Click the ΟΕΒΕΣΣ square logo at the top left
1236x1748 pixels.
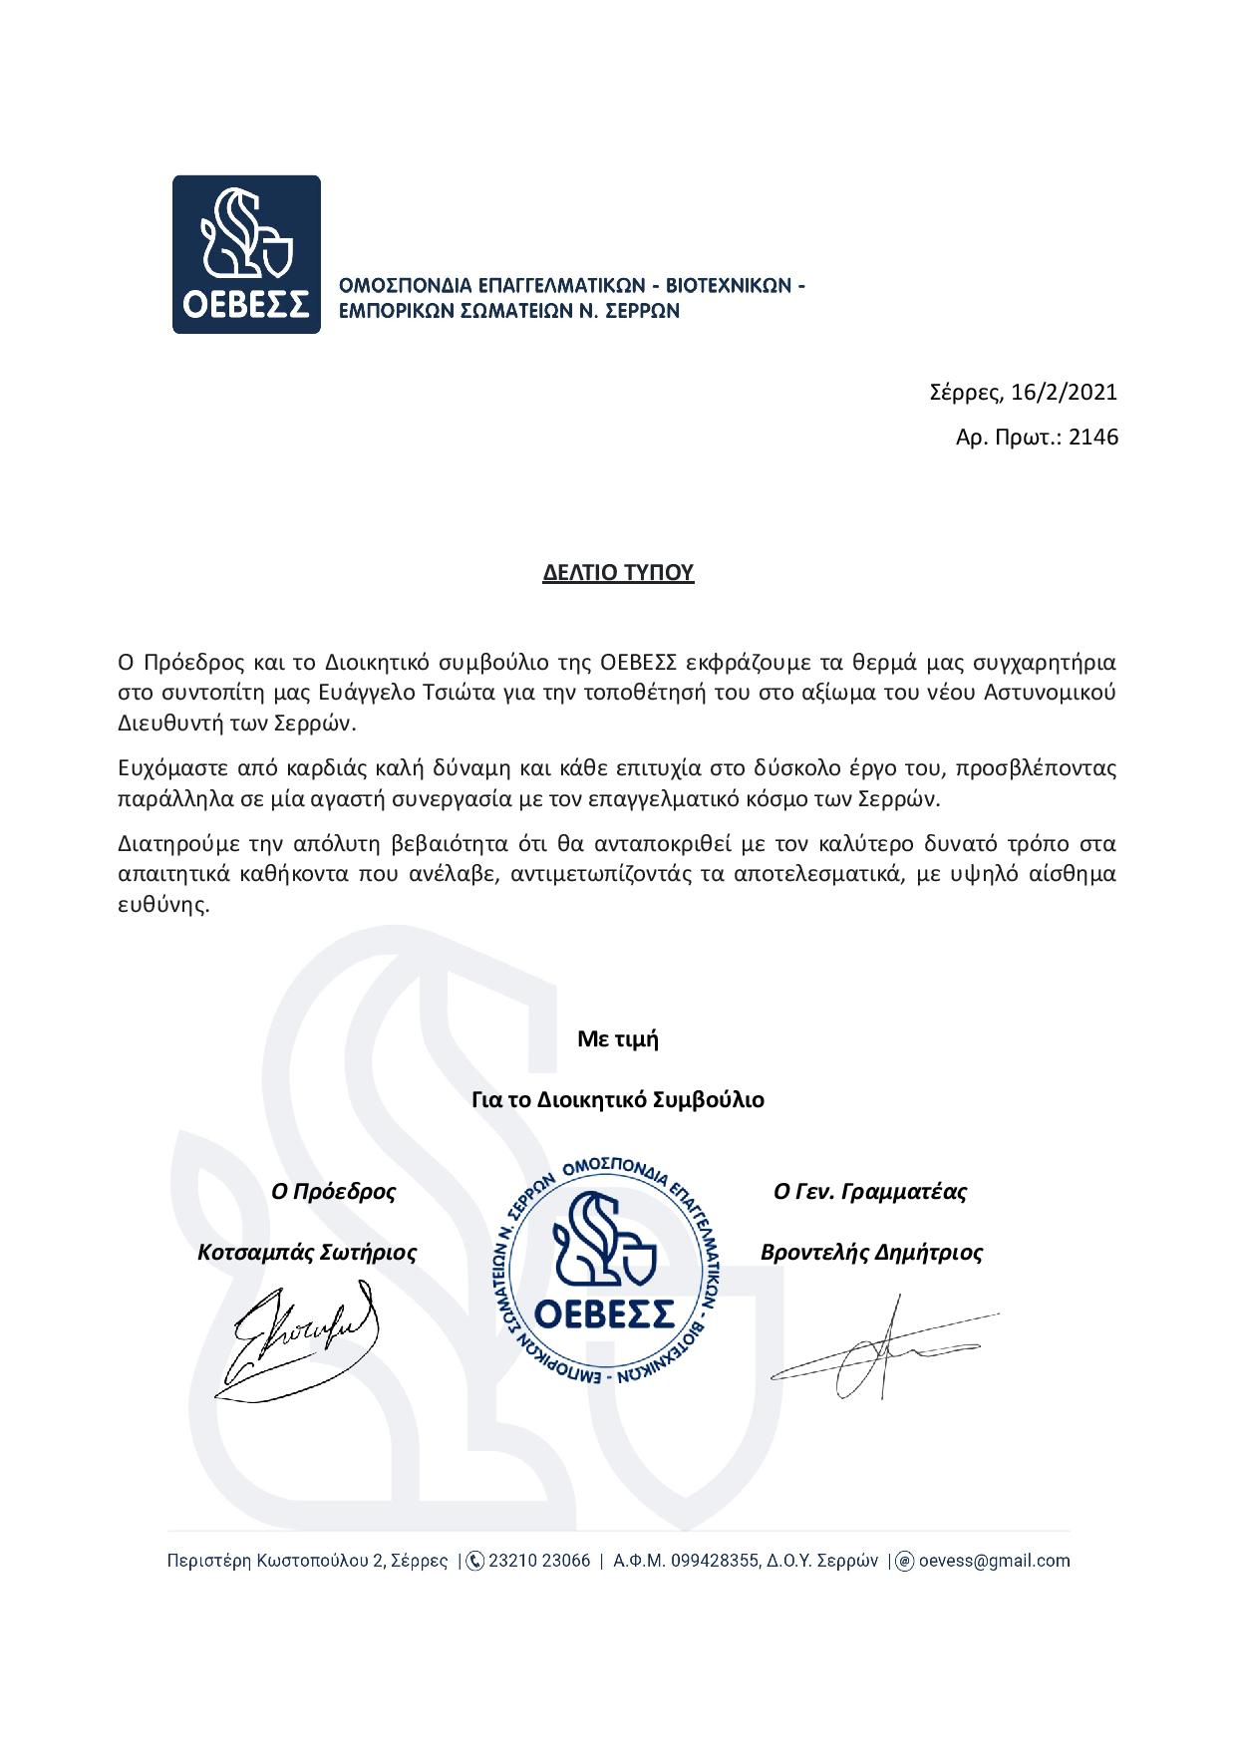(x=246, y=254)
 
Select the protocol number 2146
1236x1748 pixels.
(x=1093, y=437)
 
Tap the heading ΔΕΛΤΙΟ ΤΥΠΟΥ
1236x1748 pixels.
(x=618, y=573)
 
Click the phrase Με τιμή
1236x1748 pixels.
(x=618, y=1039)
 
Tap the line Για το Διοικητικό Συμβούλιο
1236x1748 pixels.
(x=618, y=1100)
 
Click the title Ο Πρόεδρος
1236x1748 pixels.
(x=333, y=1191)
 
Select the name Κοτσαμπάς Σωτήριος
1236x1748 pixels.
(x=307, y=1252)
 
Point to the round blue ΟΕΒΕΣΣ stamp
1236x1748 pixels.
(x=606, y=1273)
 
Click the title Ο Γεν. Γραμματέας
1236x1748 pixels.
(x=870, y=1191)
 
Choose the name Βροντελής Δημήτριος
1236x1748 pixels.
(x=871, y=1252)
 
